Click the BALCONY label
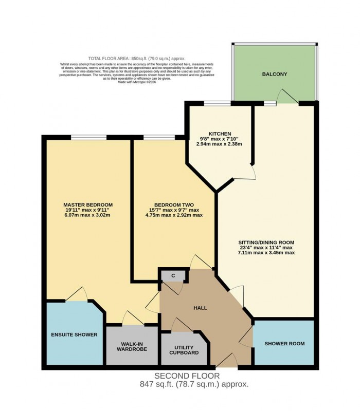pos(274,74)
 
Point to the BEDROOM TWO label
pos(173,204)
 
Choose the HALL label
pos(200,308)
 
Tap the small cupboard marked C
pos(173,276)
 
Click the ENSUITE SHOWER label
pos(74,334)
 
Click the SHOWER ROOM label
pos(284,343)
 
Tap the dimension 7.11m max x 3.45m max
pos(266,253)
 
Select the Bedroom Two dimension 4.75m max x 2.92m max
pos(174,215)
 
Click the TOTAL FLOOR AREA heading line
pos(137,59)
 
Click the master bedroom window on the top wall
pos(88,137)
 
